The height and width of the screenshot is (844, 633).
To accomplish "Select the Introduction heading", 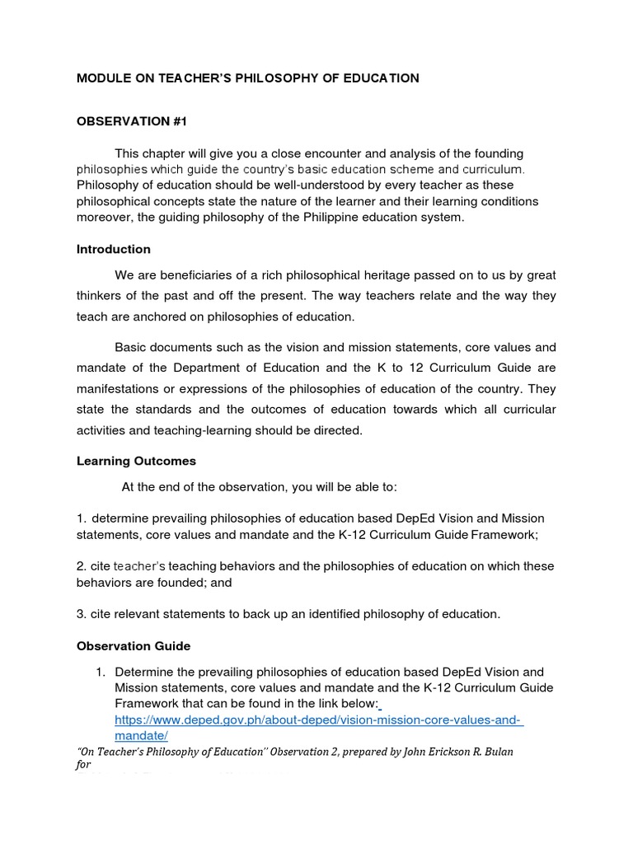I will coord(114,249).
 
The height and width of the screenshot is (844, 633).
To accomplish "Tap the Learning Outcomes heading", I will coord(136,461).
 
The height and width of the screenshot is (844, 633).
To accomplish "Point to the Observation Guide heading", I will coord(134,646).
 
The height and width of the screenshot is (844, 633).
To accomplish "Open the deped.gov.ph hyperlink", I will coord(319,720).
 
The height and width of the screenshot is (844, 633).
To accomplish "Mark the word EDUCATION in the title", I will coord(379,78).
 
